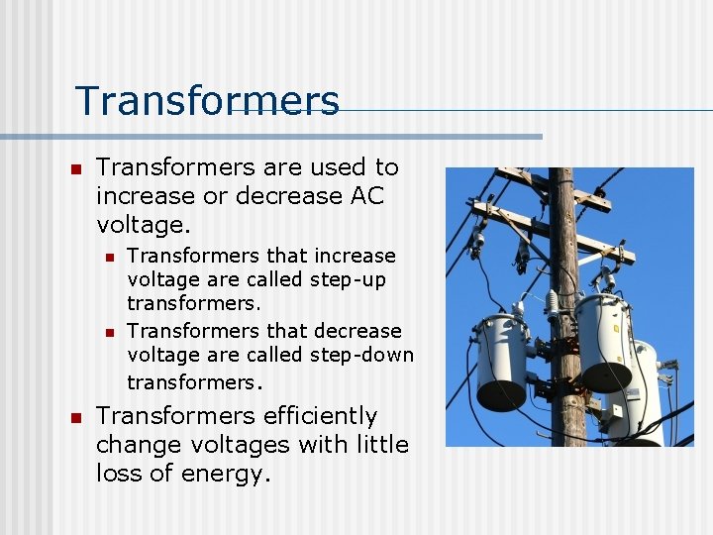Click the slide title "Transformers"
pyautogui.click(x=207, y=101)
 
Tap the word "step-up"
pyautogui.click(x=348, y=280)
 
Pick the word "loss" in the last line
pyautogui.click(x=119, y=475)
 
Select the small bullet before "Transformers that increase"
pyautogui.click(x=111, y=258)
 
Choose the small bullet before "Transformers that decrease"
pyautogui.click(x=111, y=332)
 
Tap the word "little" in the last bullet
pyautogui.click(x=376, y=446)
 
